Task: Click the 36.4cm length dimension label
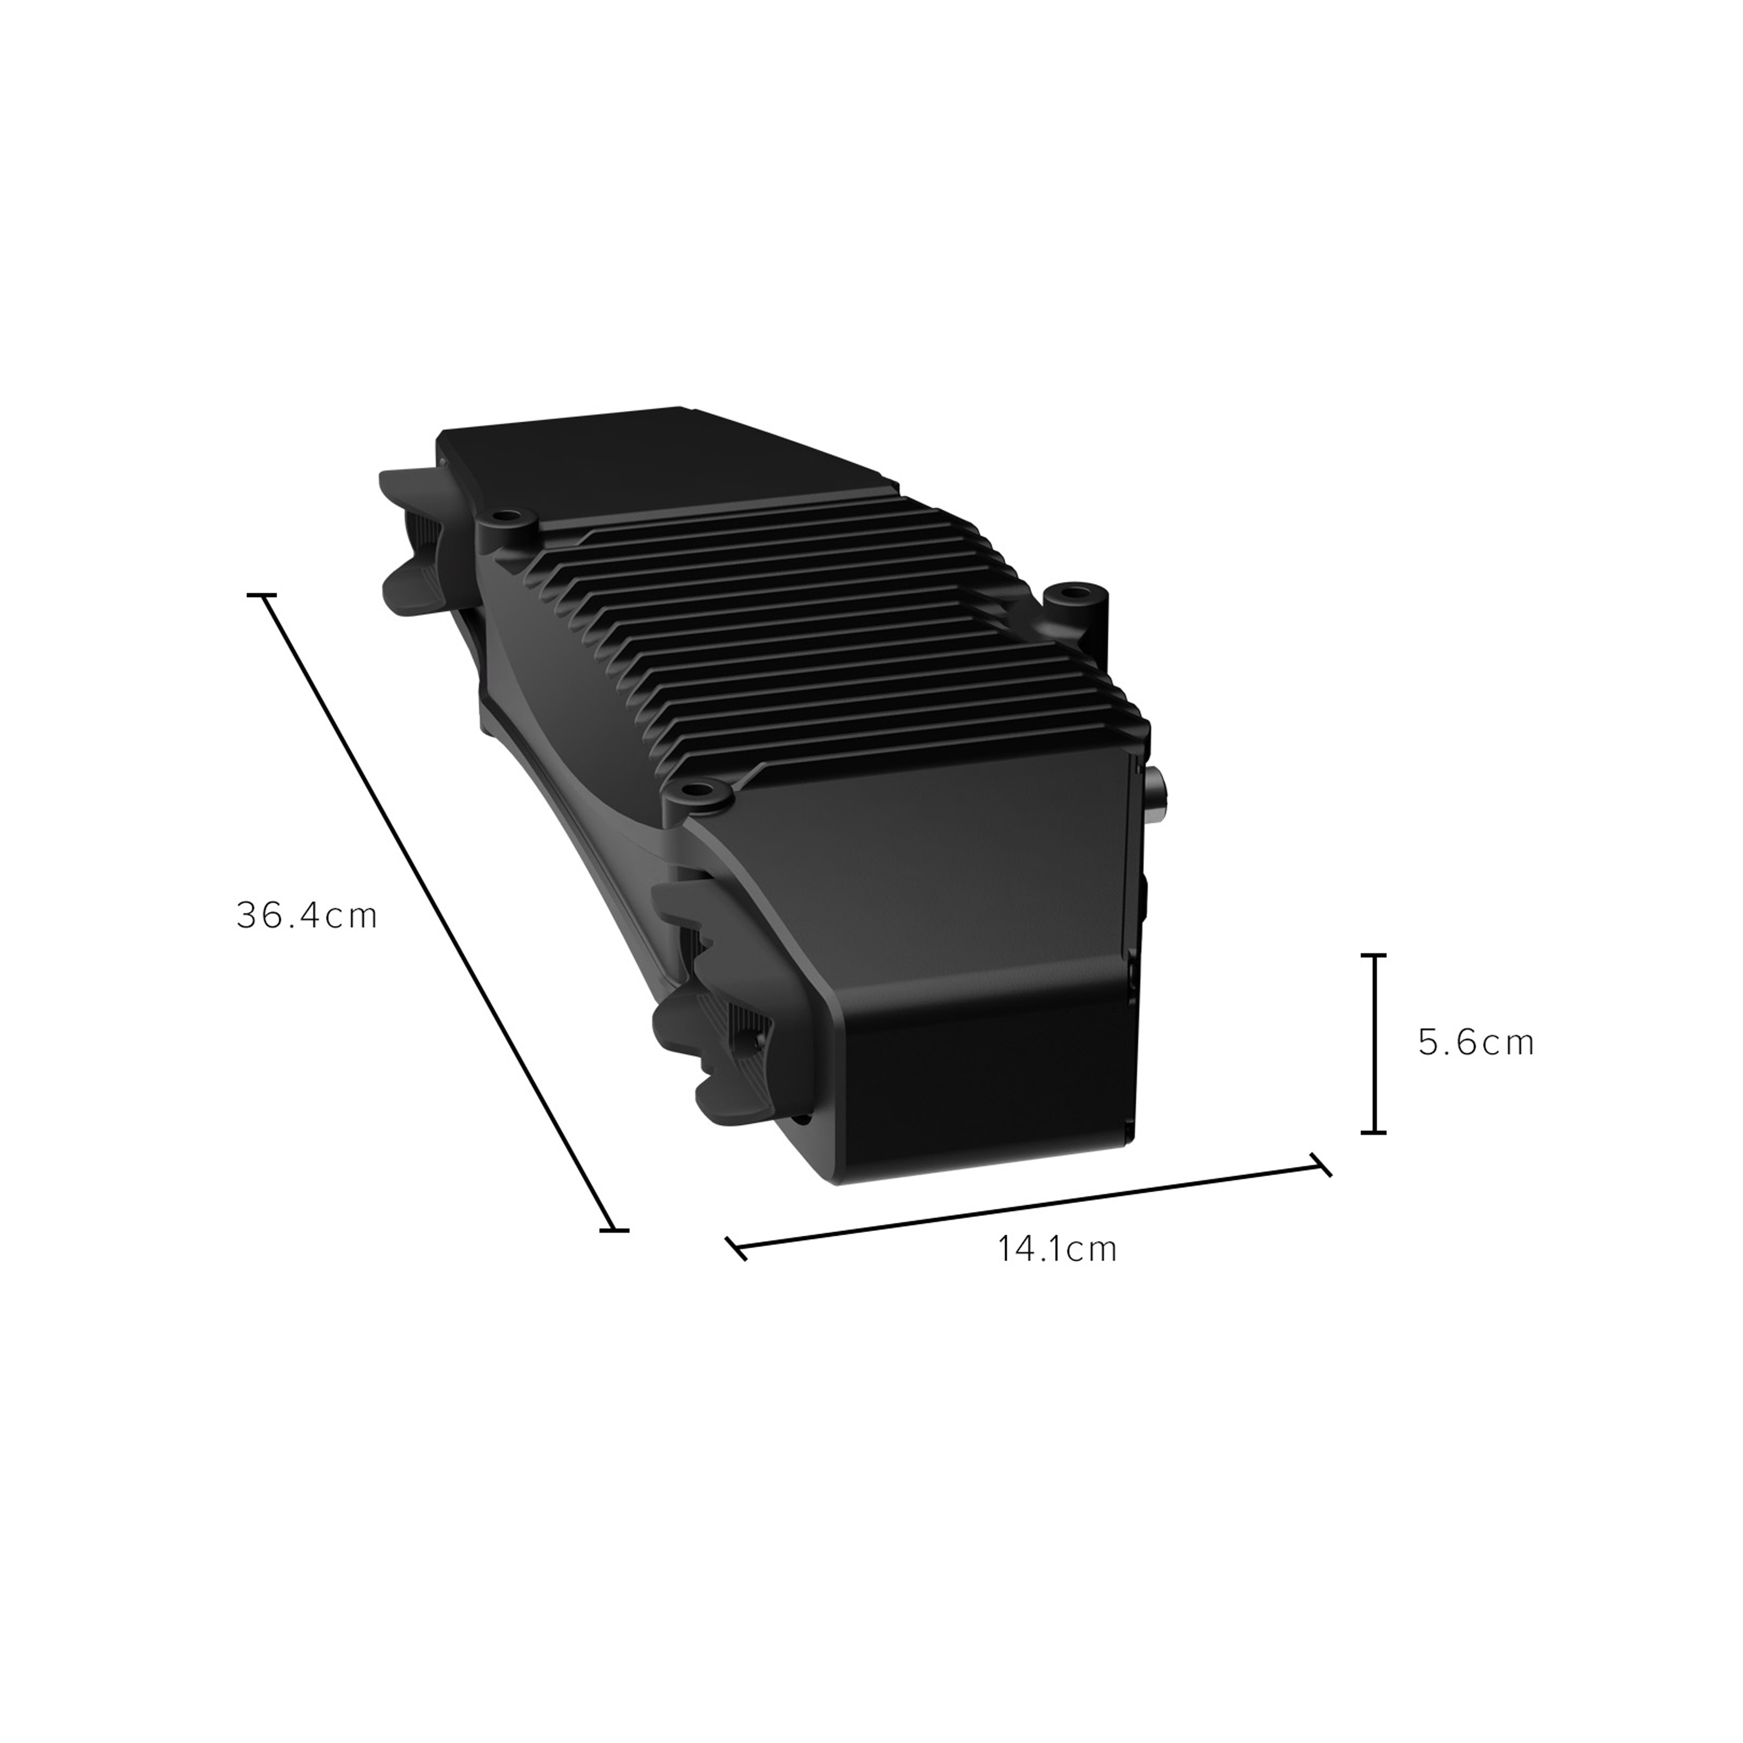pyautogui.click(x=307, y=916)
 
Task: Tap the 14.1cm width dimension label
pyautogui.click(x=1058, y=1249)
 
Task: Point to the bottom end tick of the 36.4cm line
pyautogui.click(x=614, y=1230)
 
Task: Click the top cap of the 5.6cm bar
pyautogui.click(x=1373, y=954)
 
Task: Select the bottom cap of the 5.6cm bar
pyautogui.click(x=1373, y=1131)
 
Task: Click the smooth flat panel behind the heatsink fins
pyautogui.click(x=668, y=469)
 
